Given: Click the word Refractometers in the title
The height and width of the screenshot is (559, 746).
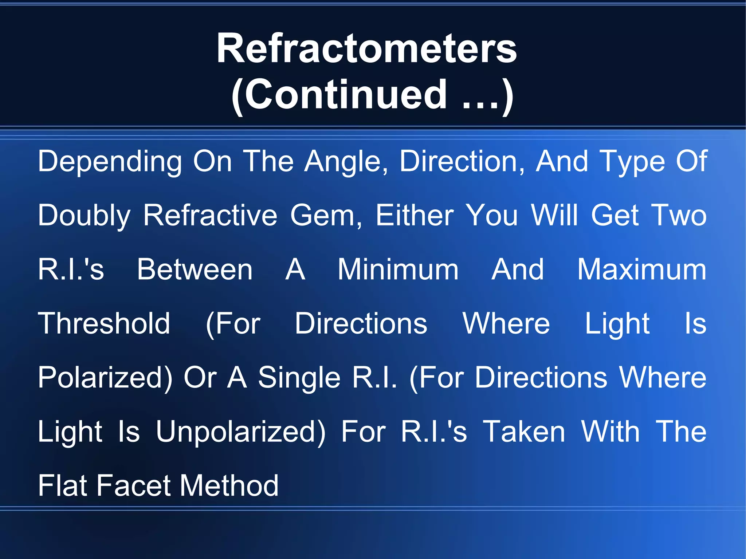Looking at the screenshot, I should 366,48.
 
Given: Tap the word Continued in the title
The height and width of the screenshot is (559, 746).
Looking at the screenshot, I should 345,95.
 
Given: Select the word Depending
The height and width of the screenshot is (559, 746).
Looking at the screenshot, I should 110,162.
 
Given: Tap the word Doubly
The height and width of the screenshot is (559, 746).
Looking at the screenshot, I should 84,216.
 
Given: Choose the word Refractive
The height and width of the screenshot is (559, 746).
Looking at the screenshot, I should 210,216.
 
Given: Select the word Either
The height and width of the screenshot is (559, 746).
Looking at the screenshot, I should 415,216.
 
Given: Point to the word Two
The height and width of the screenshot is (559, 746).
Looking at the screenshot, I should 678,216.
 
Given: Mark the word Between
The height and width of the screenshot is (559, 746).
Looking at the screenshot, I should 195,269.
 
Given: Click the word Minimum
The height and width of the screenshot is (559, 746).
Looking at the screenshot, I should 398,269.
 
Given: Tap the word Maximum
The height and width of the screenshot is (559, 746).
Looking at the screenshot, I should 642,269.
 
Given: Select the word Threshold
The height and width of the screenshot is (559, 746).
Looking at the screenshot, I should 104,323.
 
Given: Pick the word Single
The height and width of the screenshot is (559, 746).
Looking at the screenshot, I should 299,377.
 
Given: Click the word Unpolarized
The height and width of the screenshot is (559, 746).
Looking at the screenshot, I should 240,432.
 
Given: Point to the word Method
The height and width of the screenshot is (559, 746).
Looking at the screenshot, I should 229,485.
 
